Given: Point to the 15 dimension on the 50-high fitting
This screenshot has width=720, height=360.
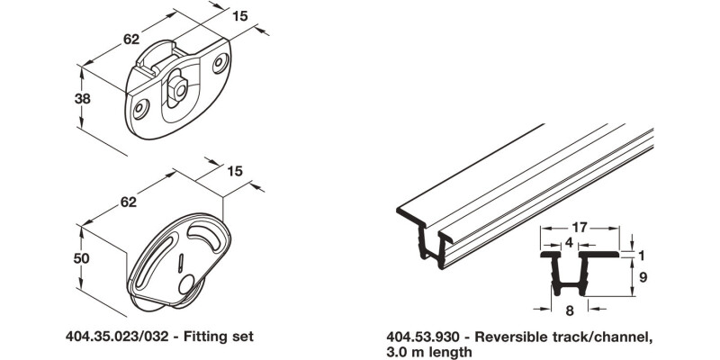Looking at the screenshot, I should point(236,171).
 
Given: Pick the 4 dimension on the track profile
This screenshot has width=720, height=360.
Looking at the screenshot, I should point(570,242).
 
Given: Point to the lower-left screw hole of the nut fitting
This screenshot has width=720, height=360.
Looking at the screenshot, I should point(139,108).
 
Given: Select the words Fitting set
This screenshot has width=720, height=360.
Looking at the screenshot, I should point(221,337).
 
